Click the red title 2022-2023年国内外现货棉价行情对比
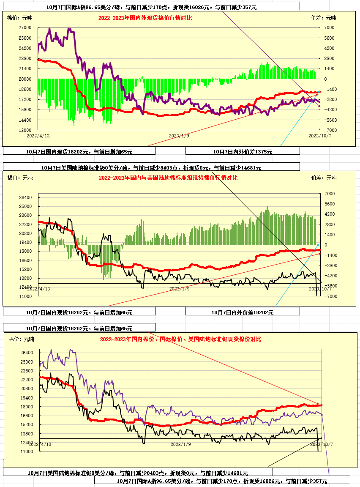[x=145, y=18]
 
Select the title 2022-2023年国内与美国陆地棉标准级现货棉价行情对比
[x=168, y=178]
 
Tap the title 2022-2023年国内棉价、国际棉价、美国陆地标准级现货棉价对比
[x=180, y=339]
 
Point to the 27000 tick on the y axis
[x=25, y=27]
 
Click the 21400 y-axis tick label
[x=25, y=68]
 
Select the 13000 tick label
[x=25, y=130]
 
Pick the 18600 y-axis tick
[x=25, y=89]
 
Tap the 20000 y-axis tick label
[x=25, y=79]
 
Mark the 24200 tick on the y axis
[x=25, y=48]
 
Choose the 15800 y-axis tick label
[x=25, y=109]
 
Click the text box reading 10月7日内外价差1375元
[x=243, y=151]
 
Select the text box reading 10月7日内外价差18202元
[x=243, y=312]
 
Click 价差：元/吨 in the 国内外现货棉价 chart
[x=323, y=18]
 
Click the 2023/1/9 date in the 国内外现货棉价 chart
[x=179, y=136]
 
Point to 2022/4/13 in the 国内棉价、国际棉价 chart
[x=41, y=444]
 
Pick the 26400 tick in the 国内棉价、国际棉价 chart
[x=26, y=353]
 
